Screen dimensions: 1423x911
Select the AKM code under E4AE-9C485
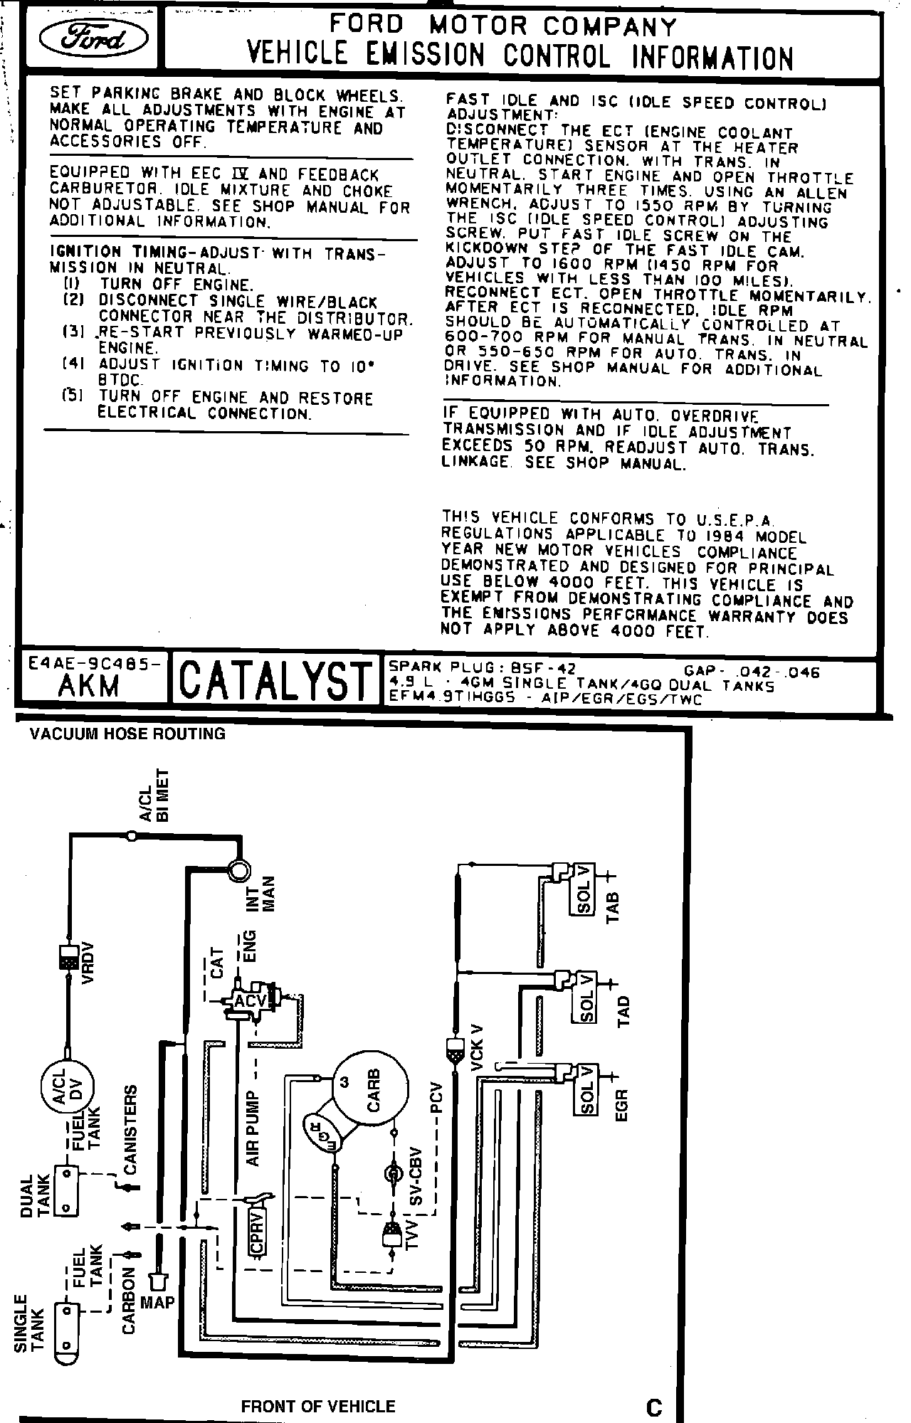pyautogui.click(x=89, y=686)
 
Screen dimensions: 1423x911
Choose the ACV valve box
pyautogui.click(x=250, y=1001)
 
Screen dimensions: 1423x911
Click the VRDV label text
pyautogui.click(x=88, y=963)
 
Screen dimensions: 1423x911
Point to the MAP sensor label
pyautogui.click(x=157, y=1301)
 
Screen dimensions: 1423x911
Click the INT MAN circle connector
pyautogui.click(x=238, y=869)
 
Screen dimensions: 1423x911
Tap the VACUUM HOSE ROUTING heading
pyautogui.click(x=127, y=734)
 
